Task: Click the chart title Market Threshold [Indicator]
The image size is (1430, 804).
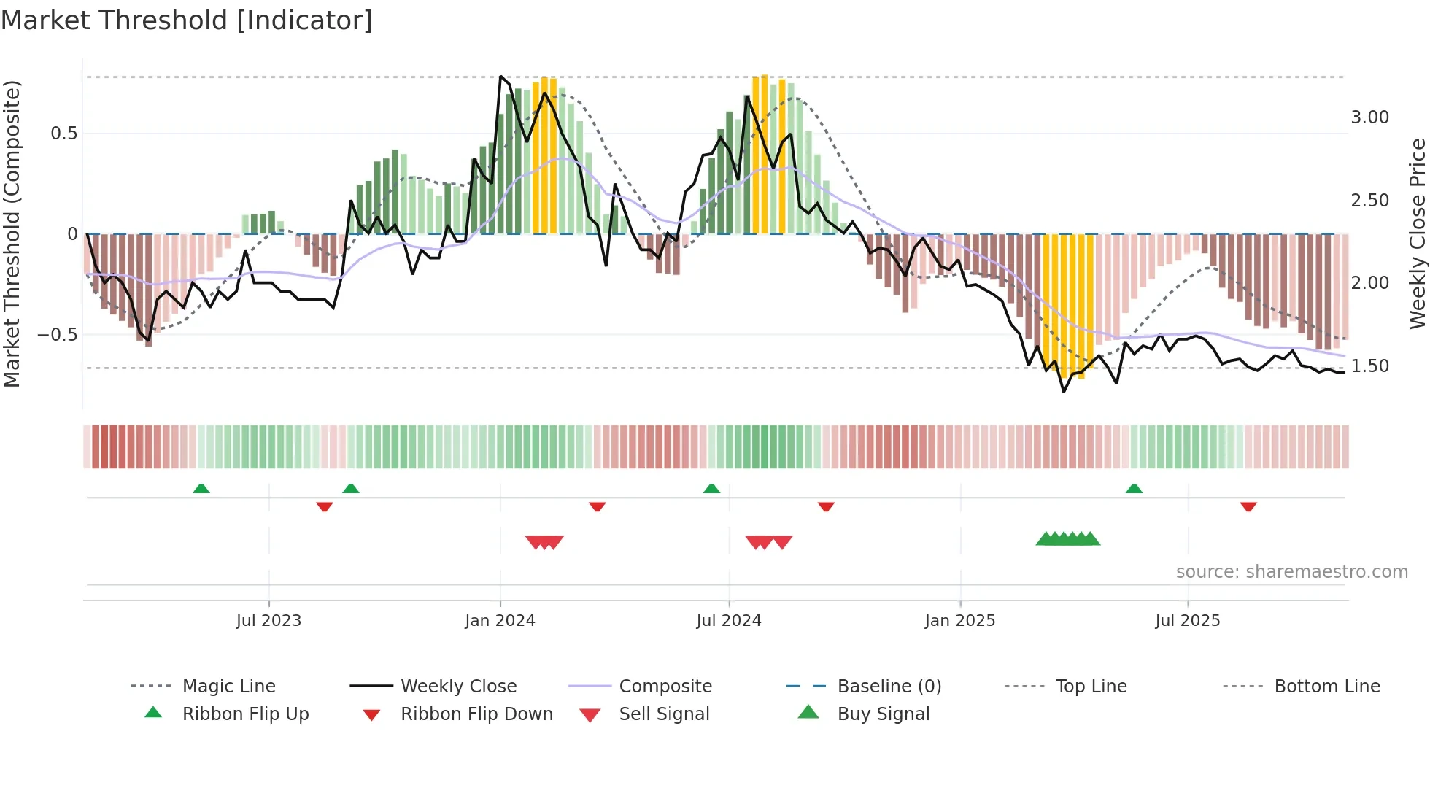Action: pyautogui.click(x=187, y=20)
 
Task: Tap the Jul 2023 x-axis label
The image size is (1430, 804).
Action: pyautogui.click(x=268, y=621)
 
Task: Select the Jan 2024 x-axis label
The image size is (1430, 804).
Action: pyautogui.click(x=500, y=621)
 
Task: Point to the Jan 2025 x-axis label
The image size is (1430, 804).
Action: pyautogui.click(x=959, y=621)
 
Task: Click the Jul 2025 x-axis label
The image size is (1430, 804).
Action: pyautogui.click(x=1187, y=621)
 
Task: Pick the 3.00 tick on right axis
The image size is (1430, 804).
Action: pyautogui.click(x=1369, y=117)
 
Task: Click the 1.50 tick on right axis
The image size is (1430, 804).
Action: pyautogui.click(x=1369, y=366)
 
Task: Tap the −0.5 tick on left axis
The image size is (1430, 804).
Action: pyautogui.click(x=57, y=335)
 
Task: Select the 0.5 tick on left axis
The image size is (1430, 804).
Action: pyautogui.click(x=63, y=134)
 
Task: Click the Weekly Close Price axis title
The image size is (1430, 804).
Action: pyautogui.click(x=1417, y=233)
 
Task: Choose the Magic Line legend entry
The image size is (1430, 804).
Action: pyautogui.click(x=228, y=687)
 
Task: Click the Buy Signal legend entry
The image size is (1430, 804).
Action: pyautogui.click(x=883, y=714)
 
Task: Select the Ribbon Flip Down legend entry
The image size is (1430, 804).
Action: pyautogui.click(x=476, y=714)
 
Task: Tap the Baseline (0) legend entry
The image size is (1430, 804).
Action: pyautogui.click(x=889, y=687)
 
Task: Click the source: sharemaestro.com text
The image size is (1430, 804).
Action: pyautogui.click(x=1291, y=572)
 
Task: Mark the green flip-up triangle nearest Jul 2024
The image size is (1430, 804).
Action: pyautogui.click(x=711, y=489)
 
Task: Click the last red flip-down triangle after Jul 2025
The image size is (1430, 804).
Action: pyautogui.click(x=1248, y=506)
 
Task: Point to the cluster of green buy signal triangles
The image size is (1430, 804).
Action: pyautogui.click(x=1067, y=539)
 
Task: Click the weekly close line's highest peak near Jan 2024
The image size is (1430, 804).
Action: pyautogui.click(x=500, y=77)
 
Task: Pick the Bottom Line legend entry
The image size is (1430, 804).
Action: pyautogui.click(x=1326, y=687)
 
